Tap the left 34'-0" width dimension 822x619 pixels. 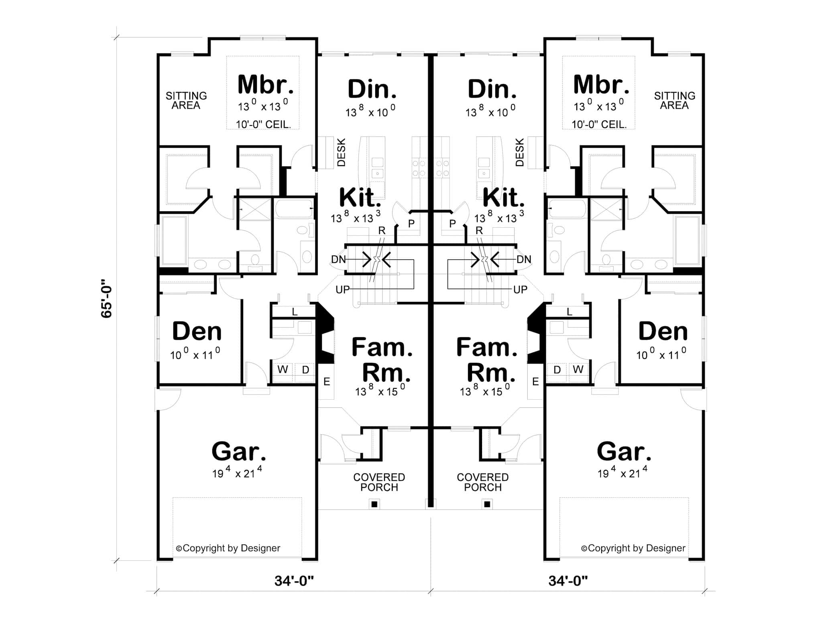tap(294, 581)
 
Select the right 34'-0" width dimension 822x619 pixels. tap(568, 581)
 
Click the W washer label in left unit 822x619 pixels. tap(283, 370)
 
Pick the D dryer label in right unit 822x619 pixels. tap(557, 370)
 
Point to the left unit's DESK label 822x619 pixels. tap(341, 152)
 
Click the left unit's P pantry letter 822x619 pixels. tap(411, 224)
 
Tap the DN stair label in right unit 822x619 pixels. tap(523, 259)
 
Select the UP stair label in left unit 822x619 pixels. tap(342, 289)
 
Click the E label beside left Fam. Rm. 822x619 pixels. tap(327, 382)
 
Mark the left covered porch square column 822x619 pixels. tap(374, 504)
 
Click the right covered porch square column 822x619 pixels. tap(487, 504)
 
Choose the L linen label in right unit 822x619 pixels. tap(569, 312)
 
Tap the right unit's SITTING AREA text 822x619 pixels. tap(674, 101)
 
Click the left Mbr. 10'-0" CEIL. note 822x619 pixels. tap(263, 124)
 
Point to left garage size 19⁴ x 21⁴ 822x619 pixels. tap(237, 473)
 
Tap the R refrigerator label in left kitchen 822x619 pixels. tap(382, 231)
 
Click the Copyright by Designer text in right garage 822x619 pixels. tap(633, 548)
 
